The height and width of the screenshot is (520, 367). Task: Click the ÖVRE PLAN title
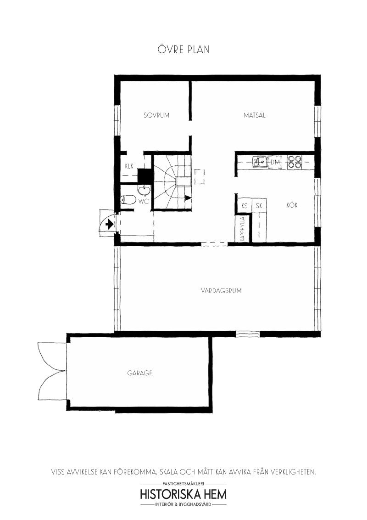[x=183, y=50]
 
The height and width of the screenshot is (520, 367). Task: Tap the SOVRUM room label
[x=156, y=115]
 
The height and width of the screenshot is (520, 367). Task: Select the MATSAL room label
[x=255, y=115]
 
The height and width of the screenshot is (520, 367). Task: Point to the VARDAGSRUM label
[x=221, y=291]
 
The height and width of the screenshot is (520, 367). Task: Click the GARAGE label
[x=140, y=373]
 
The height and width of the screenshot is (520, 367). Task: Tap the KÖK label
[x=292, y=205]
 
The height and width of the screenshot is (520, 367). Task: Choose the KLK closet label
[x=129, y=166]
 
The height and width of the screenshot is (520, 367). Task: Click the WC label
[x=143, y=201]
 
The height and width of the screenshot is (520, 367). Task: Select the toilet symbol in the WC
[x=128, y=200]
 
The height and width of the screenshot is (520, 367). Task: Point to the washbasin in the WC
[x=144, y=190]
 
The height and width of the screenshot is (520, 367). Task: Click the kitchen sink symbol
[x=260, y=162]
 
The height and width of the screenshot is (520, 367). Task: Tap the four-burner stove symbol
[x=294, y=162]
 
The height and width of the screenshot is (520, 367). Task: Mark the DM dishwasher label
[x=275, y=162]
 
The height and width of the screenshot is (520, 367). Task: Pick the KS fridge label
[x=245, y=206]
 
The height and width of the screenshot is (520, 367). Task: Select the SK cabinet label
[x=259, y=206]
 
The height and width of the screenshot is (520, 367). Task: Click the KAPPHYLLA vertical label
[x=243, y=229]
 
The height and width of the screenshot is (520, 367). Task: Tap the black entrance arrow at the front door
[x=109, y=225]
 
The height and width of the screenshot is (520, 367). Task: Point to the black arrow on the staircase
[x=188, y=198]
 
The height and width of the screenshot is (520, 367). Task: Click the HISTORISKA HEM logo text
[x=183, y=494]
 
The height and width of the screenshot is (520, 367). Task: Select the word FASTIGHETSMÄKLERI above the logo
[x=183, y=484]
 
